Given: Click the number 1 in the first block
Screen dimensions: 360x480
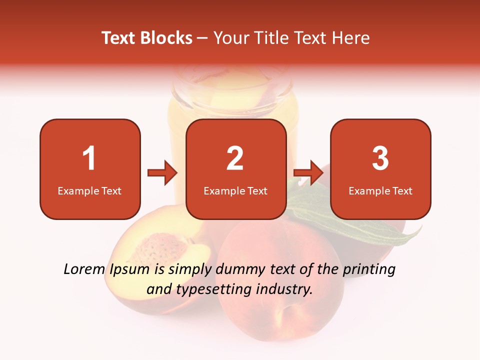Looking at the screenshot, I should pos(89,158).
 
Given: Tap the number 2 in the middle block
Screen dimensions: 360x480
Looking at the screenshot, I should pos(235,158).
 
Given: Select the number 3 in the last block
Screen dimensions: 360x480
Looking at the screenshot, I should pos(380,158).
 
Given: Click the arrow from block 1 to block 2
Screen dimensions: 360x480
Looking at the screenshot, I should pos(162,173).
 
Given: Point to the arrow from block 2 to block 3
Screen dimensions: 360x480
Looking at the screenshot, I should pos(308,173).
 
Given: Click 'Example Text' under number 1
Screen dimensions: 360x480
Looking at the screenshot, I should pos(89,191).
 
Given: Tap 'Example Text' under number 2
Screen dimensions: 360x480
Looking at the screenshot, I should pos(235,191).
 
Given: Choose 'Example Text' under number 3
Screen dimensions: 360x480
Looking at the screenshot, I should pos(380,191).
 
